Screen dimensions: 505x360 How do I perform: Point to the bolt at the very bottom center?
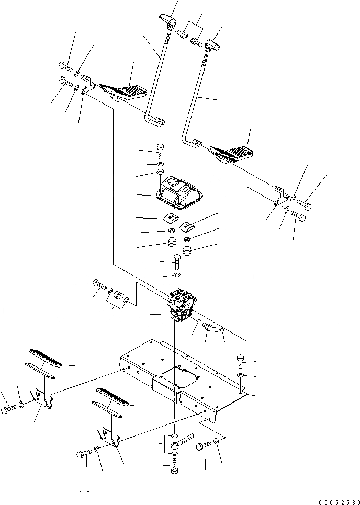pyautogui.click(x=174, y=466)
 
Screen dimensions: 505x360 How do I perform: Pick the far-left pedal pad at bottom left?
pyautogui.click(x=48, y=359)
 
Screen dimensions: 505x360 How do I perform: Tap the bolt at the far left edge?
pyautogui.click(x=7, y=410)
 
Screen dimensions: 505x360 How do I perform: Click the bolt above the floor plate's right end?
pyautogui.click(x=240, y=360)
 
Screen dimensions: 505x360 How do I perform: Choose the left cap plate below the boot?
pyautogui.click(x=171, y=220)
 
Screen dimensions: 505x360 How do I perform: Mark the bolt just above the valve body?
pyautogui.click(x=177, y=259)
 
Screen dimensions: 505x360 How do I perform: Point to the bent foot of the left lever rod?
pyautogui.click(x=154, y=120)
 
